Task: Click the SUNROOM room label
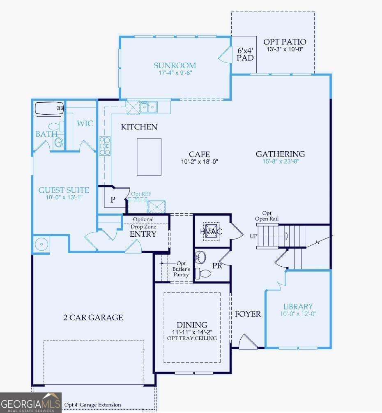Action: [175, 65]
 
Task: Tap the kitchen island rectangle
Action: [149, 157]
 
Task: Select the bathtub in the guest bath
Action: [50, 108]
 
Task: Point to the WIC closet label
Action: [85, 123]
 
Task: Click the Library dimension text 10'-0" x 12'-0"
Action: [298, 314]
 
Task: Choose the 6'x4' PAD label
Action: [245, 54]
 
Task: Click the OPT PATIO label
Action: [285, 42]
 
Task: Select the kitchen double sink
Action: [148, 107]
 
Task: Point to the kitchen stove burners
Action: [104, 145]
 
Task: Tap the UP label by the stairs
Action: [253, 237]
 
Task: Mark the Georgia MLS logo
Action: [31, 402]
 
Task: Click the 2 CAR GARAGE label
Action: [93, 317]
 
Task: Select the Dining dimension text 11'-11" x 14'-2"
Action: [192, 332]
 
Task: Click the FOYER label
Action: [248, 314]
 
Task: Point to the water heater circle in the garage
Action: [41, 244]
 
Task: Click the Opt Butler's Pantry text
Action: [180, 269]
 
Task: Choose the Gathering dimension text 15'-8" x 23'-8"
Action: [280, 162]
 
